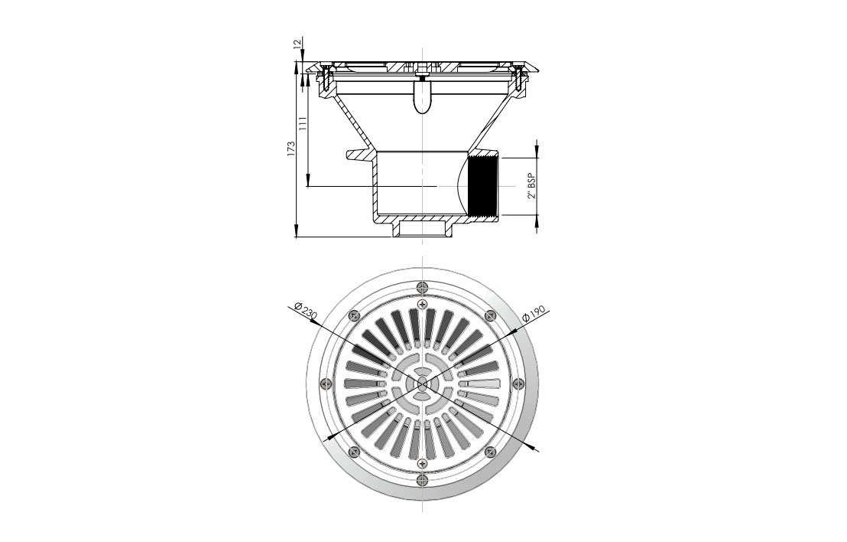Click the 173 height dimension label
pos(290,149)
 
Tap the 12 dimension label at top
pos(296,44)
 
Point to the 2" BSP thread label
pos(532,186)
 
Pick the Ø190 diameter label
pos(536,315)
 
